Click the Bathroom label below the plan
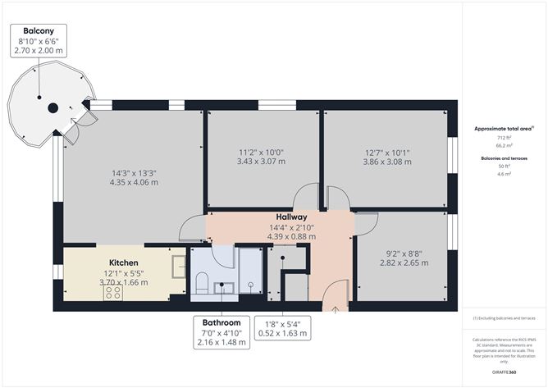221,322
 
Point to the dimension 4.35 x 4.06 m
135,182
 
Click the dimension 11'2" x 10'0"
262,152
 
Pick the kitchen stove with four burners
113,291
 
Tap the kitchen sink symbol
178,267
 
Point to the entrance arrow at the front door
336,308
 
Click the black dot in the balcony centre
52,107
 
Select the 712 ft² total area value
505,139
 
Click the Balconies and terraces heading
505,157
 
